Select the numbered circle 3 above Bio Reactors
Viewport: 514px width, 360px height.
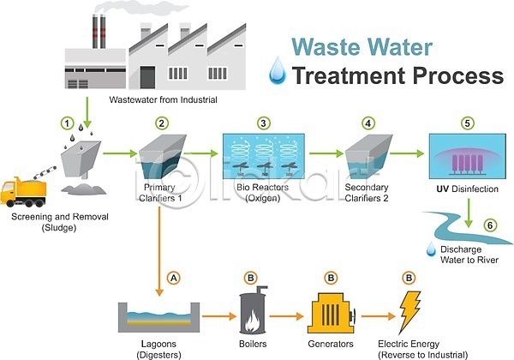(263, 123)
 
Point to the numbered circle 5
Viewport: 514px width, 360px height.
(466, 123)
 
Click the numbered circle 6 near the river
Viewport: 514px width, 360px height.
(490, 225)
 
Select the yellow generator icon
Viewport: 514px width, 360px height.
(330, 315)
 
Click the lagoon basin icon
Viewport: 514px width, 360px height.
(158, 316)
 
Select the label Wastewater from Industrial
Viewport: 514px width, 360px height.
(163, 100)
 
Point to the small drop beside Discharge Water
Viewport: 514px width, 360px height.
(431, 249)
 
